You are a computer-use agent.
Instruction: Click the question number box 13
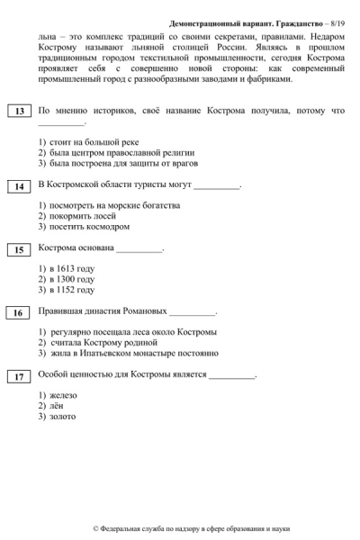pyautogui.click(x=19, y=112)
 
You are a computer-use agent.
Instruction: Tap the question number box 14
pyautogui.click(x=19, y=186)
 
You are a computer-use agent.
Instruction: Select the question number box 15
pyautogui.click(x=19, y=249)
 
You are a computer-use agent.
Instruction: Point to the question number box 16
pyautogui.click(x=19, y=313)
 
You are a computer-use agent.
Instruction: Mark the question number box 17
pyautogui.click(x=19, y=376)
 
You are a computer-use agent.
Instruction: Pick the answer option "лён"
pyautogui.click(x=59, y=406)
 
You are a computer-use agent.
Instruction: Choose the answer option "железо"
pyautogui.click(x=63, y=395)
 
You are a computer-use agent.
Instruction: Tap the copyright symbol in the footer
pyautogui.click(x=96, y=529)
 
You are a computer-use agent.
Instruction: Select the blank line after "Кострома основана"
pyautogui.click(x=139, y=250)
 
